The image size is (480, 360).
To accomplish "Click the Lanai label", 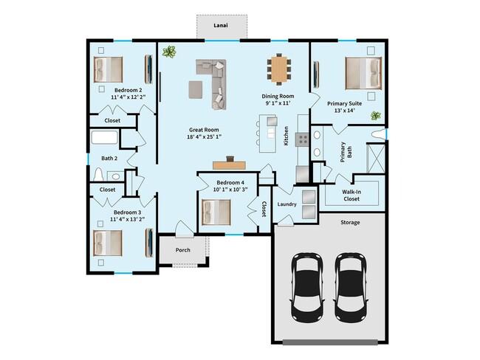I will point(220,25).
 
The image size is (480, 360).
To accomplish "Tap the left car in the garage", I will point(306,284).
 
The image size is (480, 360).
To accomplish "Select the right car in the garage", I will point(350,284).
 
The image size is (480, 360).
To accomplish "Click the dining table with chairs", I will point(278,70).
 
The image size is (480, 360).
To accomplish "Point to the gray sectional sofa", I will point(214,80).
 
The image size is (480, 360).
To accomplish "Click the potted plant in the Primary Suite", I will point(376,116).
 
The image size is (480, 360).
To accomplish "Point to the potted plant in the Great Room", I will point(171,52).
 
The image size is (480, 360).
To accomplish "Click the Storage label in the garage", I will point(350,222).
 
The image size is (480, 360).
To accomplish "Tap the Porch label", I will point(182,250).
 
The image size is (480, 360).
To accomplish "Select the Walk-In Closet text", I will point(351,195).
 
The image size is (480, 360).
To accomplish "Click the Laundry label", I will point(287,204).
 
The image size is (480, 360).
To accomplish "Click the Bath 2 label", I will point(110,158).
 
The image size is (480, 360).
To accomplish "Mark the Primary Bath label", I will point(346,151).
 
